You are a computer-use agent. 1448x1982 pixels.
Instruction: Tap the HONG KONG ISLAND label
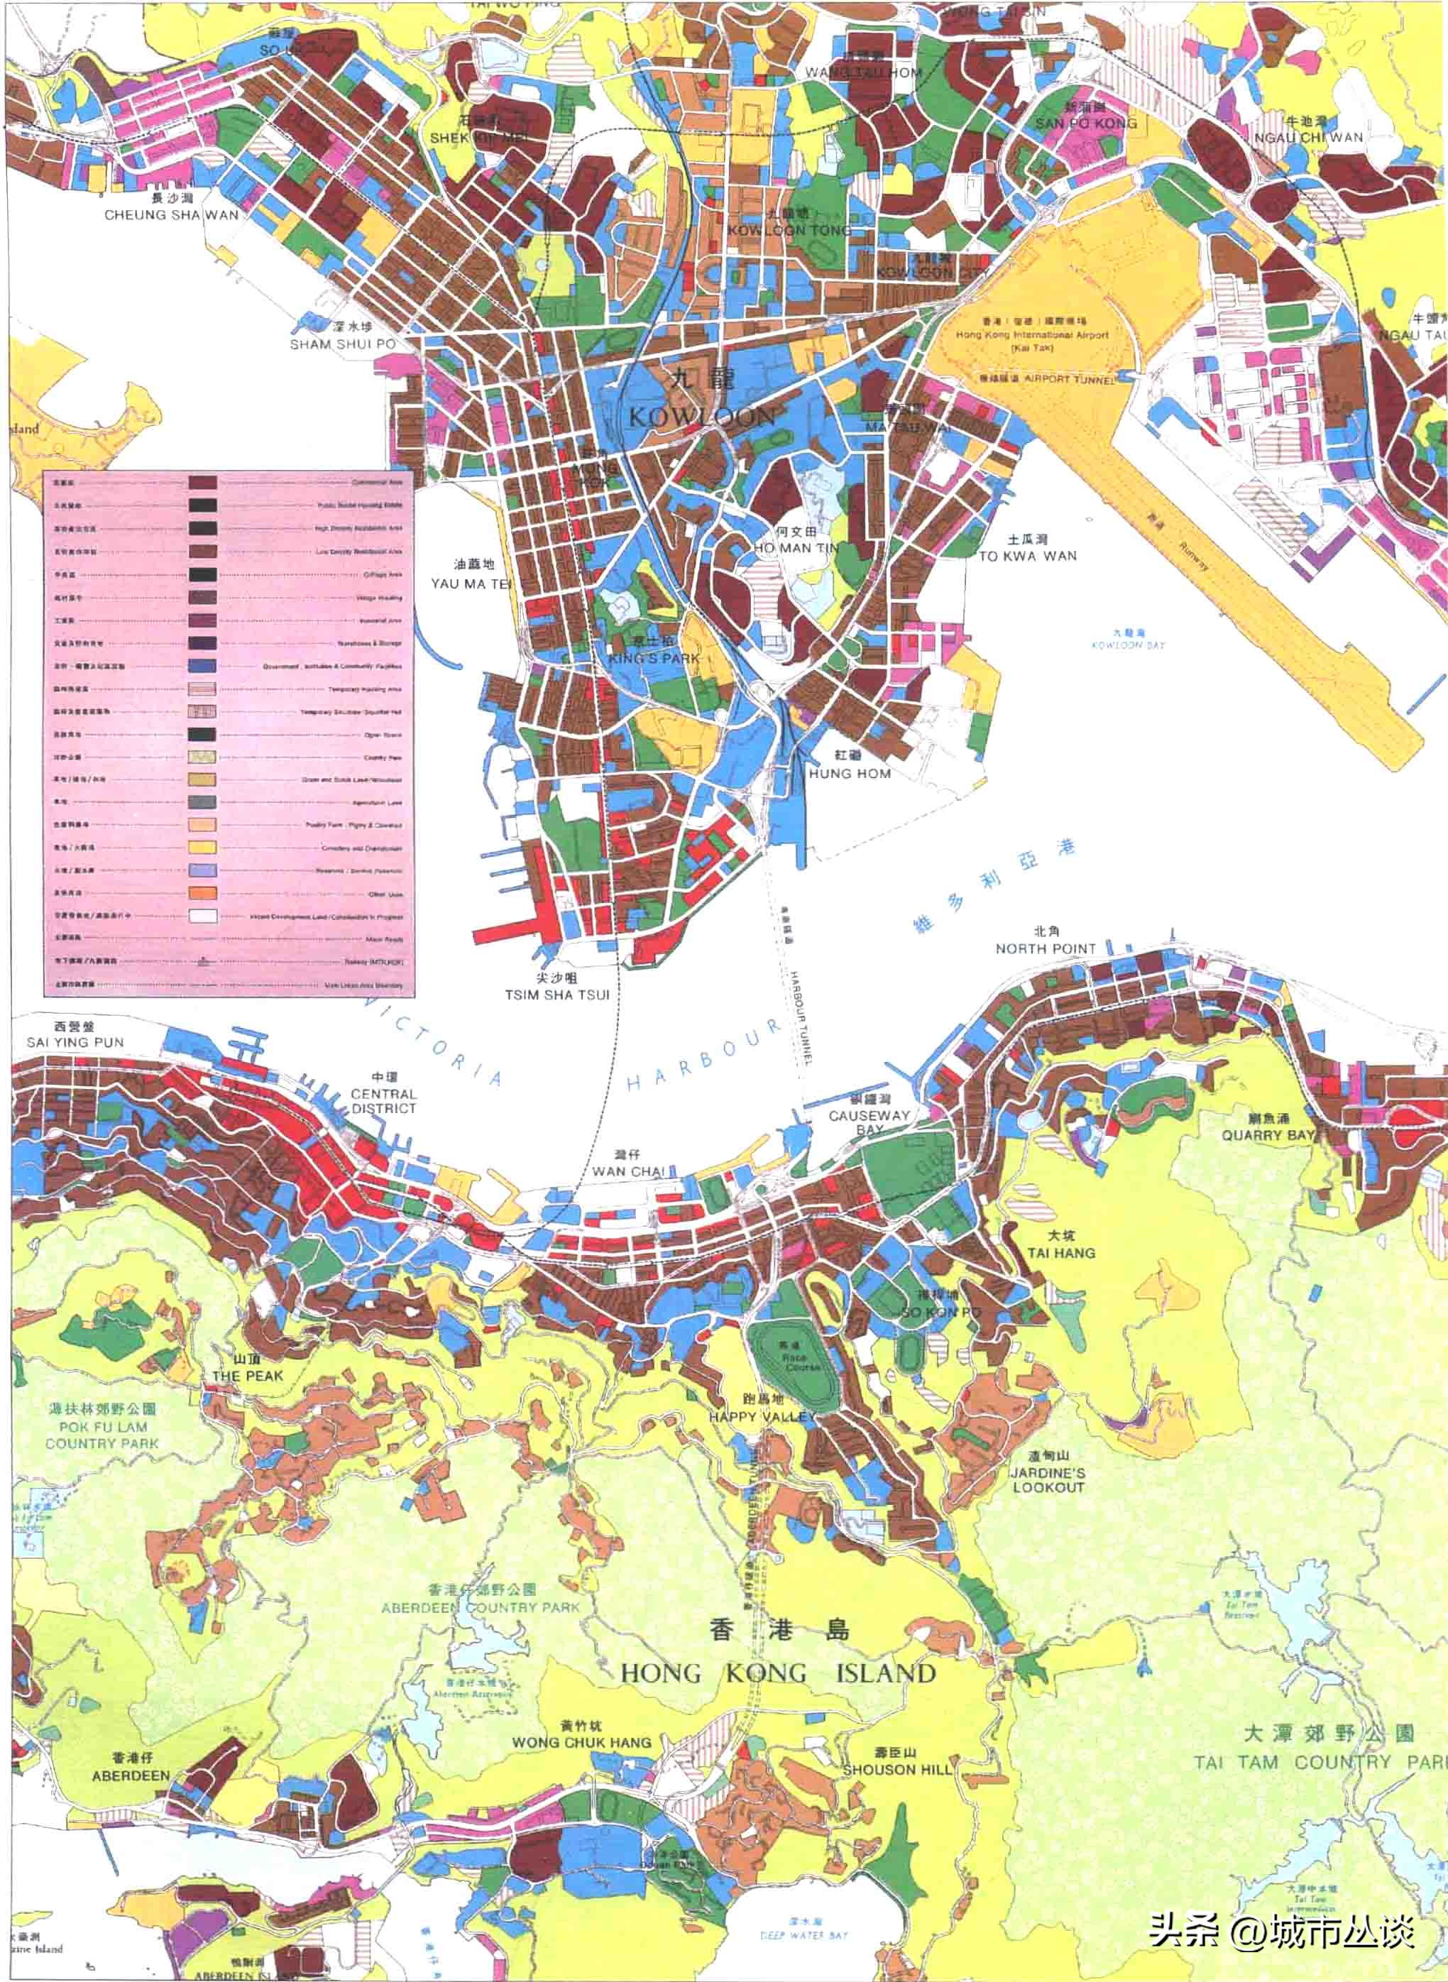coord(779,1672)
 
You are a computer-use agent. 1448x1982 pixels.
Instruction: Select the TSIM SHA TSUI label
coord(556,994)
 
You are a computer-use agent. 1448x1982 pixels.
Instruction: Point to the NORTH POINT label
coord(1046,948)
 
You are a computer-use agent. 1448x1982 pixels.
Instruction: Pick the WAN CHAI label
coord(627,1171)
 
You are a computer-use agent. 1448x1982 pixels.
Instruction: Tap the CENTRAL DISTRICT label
coord(383,1101)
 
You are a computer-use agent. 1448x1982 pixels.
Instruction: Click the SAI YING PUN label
coord(75,1042)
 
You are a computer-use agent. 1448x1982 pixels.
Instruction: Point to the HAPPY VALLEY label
coord(762,1417)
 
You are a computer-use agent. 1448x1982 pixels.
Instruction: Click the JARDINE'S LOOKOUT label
coord(1048,1479)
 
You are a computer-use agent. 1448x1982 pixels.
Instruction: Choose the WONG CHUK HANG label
coord(582,1743)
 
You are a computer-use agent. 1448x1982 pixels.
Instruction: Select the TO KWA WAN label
coord(1027,556)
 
